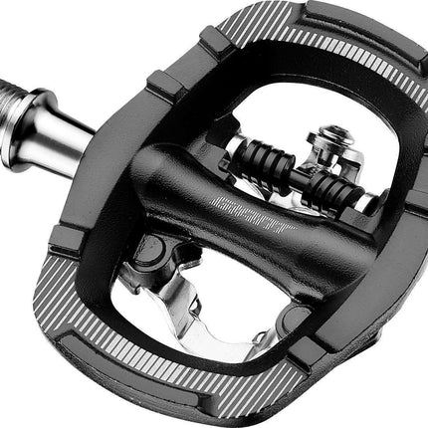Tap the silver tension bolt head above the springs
tap(329, 135)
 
